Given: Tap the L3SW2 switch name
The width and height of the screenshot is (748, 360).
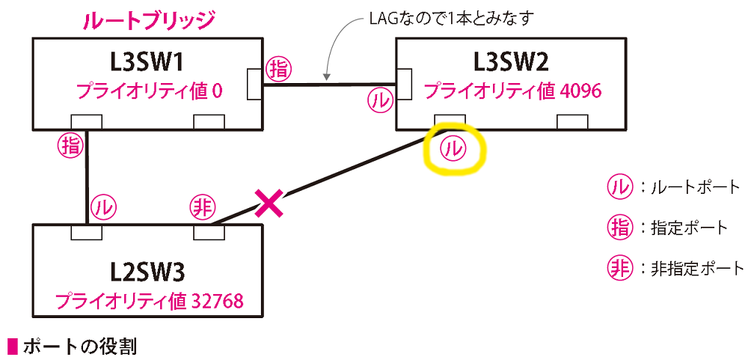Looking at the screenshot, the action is click(512, 64).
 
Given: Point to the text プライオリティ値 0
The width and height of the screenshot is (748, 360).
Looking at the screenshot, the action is click(149, 91).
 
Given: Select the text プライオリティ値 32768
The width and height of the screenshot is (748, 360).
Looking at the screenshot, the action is click(150, 302).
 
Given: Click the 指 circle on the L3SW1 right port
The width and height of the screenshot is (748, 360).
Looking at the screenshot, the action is click(278, 70).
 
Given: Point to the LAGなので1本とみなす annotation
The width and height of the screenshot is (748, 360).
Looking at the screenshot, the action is click(451, 21).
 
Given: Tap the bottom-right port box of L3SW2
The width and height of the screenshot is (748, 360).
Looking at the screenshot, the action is click(572, 122).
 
